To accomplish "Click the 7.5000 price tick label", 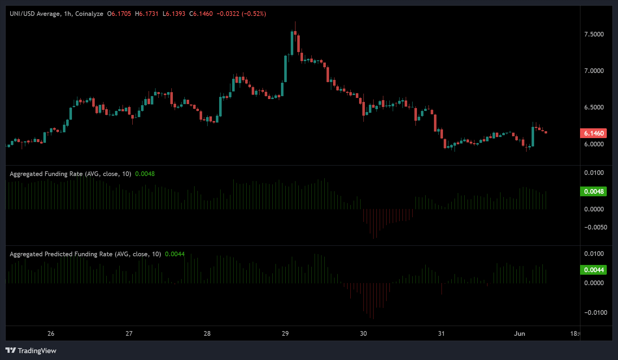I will (x=594, y=34).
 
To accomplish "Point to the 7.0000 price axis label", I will (x=594, y=71).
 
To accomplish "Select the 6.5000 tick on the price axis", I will (x=594, y=107).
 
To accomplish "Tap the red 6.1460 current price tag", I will (x=593, y=133).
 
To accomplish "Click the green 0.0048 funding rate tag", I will (x=593, y=192).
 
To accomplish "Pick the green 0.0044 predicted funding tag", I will (x=593, y=270).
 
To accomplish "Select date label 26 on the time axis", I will (x=51, y=334).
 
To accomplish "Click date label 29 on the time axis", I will (x=285, y=334).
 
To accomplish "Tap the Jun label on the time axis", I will (x=519, y=334).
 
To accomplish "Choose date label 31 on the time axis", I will (x=441, y=334).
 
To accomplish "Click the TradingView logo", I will (x=31, y=351).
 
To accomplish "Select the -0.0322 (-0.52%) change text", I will (x=241, y=14).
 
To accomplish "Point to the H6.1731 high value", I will (x=146, y=14).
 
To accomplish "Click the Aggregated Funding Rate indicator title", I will (x=46, y=174).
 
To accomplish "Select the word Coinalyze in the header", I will (x=89, y=14).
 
